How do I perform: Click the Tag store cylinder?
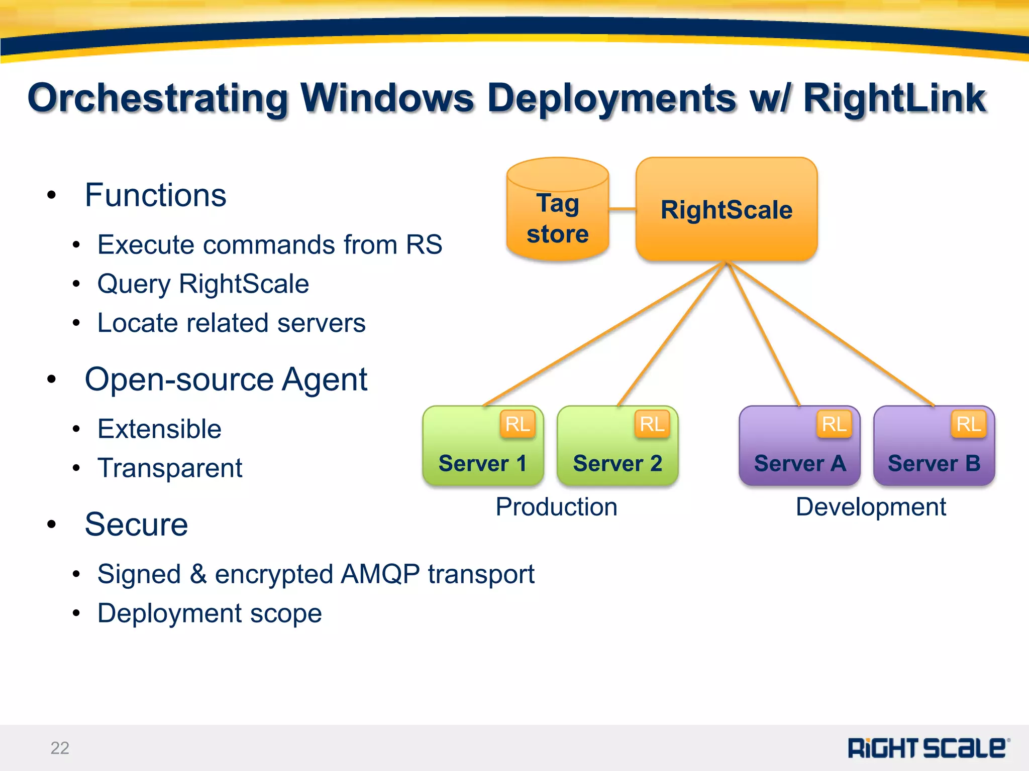pyautogui.click(x=557, y=211)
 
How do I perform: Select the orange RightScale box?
pyautogui.click(x=726, y=209)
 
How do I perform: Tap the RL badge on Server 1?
pyautogui.click(x=518, y=424)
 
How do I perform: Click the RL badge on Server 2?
pyautogui.click(x=652, y=424)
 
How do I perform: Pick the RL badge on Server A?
pyautogui.click(x=834, y=424)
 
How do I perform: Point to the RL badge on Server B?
pyautogui.click(x=969, y=424)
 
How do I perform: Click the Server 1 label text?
pyautogui.click(x=482, y=463)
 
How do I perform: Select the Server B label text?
pyautogui.click(x=934, y=463)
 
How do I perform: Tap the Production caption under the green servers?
pyautogui.click(x=556, y=506)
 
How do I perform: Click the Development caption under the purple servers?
pyautogui.click(x=871, y=506)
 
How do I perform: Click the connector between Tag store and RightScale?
pyautogui.click(x=623, y=209)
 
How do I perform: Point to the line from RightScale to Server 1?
pyautogui.click(x=603, y=334)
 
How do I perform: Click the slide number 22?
pyautogui.click(x=60, y=748)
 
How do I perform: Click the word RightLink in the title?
pyautogui.click(x=894, y=97)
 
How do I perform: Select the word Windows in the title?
pyautogui.click(x=387, y=97)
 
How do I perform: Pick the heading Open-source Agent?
pyautogui.click(x=226, y=379)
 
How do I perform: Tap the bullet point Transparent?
pyautogui.click(x=170, y=468)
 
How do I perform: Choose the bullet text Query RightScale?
pyautogui.click(x=203, y=284)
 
